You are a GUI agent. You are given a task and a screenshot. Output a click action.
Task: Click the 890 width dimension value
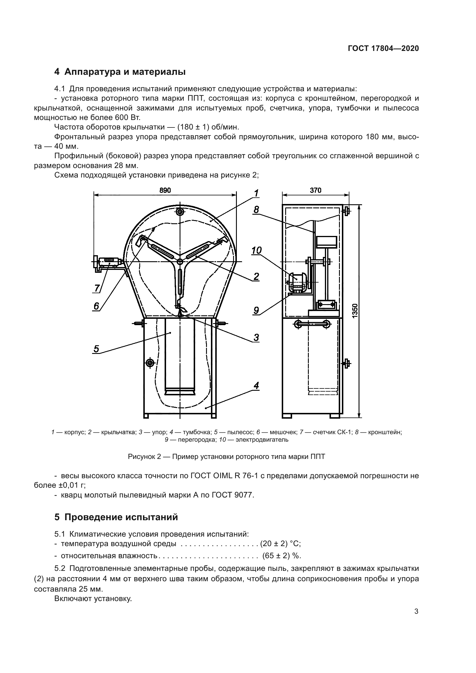point(165,190)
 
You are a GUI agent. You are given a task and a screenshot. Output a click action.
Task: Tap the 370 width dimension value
point(315,190)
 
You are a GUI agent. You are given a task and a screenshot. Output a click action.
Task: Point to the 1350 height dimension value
point(355,311)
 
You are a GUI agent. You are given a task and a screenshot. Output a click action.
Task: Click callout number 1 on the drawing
point(256,193)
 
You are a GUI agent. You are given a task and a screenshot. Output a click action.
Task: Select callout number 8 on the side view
point(256,209)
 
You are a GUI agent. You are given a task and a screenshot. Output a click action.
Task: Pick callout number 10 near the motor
point(256,250)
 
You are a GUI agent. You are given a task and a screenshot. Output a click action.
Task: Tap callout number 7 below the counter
point(97,288)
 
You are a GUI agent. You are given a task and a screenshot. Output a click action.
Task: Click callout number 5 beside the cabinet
point(96,349)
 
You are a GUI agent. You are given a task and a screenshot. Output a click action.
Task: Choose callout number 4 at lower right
point(256,386)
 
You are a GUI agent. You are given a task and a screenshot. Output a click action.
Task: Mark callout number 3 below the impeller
point(256,338)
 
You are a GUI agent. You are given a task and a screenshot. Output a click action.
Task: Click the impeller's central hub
point(180,261)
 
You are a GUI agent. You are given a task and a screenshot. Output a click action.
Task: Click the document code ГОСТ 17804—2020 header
point(383,49)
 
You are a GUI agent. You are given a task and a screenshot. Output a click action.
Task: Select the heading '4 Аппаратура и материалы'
point(120,72)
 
